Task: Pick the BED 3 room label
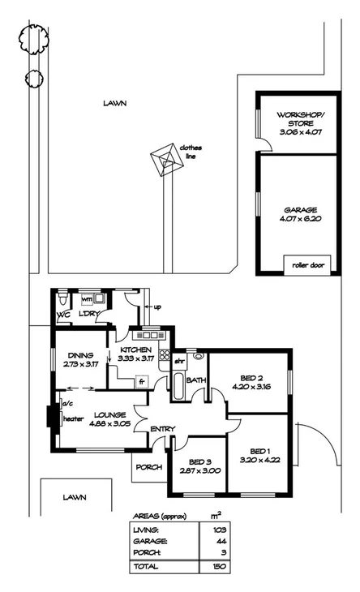(x=198, y=465)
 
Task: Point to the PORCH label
(x=148, y=466)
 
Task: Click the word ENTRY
(x=161, y=429)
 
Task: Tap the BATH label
(x=195, y=380)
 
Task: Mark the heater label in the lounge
(x=75, y=419)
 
